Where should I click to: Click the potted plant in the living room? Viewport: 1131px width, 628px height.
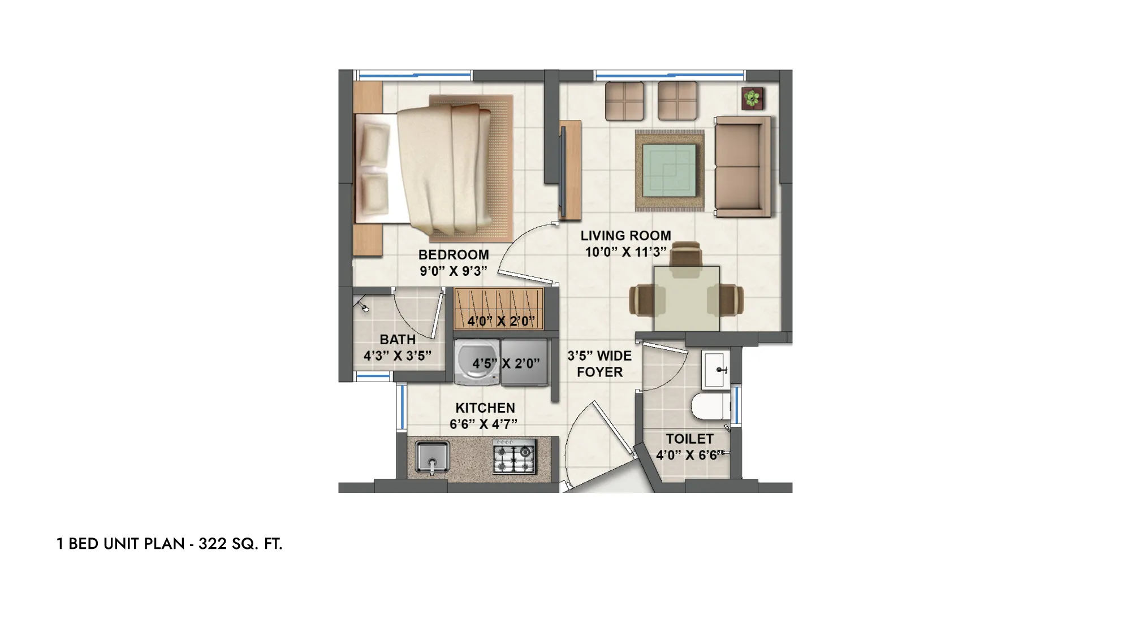[752, 99]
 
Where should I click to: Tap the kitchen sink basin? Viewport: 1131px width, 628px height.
[433, 457]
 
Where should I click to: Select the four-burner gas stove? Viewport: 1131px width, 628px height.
[514, 457]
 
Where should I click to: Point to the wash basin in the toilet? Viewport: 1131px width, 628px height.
[716, 370]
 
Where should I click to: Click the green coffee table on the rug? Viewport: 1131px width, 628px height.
[670, 170]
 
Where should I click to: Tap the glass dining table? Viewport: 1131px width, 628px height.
[687, 298]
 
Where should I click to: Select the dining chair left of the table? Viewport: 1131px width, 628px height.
[643, 300]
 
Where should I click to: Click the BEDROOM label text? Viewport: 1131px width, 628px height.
[454, 255]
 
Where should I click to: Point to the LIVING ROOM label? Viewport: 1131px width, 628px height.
[625, 236]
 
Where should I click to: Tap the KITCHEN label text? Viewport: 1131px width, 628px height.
[485, 408]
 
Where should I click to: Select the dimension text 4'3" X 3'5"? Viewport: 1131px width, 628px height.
[398, 356]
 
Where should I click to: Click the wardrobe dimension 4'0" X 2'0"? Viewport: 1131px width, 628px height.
[501, 321]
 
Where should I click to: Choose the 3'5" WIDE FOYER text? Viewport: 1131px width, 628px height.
[599, 364]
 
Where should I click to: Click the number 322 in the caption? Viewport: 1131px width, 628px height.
[213, 544]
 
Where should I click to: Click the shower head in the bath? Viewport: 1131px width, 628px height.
[362, 306]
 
